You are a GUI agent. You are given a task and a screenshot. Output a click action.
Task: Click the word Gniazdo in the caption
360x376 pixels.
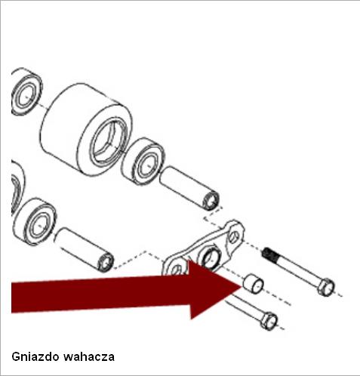[x=35, y=356]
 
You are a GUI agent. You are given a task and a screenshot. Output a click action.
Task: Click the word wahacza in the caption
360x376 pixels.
[x=89, y=357]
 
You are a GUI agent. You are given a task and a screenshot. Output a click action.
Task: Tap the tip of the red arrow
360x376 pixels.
[x=242, y=287]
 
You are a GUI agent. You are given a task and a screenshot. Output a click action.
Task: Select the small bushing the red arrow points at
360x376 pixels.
[x=253, y=283]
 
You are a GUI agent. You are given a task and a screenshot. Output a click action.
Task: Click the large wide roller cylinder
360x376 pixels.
[x=85, y=131]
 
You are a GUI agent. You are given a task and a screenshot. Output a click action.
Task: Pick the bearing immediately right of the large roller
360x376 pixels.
[x=143, y=161]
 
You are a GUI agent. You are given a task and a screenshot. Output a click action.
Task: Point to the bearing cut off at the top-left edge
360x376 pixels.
[x=26, y=92]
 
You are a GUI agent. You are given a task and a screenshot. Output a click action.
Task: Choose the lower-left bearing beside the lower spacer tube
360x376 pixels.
[x=35, y=222]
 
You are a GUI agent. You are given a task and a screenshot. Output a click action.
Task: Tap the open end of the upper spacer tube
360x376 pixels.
[x=211, y=201]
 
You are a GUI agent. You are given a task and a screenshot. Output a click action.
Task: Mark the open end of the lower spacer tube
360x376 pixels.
[x=106, y=262]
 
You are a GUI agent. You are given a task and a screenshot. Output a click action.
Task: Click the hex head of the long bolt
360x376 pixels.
[x=326, y=287]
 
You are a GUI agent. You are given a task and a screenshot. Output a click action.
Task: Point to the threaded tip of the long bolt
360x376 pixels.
[x=269, y=254]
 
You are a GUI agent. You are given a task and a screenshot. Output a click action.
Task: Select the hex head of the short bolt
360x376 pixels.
[x=269, y=320]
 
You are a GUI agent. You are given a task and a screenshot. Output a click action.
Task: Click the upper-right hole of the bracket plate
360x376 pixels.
[x=234, y=237]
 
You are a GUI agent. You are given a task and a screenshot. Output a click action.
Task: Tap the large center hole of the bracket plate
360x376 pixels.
[x=211, y=258]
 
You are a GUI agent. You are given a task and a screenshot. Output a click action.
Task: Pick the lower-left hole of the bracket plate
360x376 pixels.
[x=176, y=270]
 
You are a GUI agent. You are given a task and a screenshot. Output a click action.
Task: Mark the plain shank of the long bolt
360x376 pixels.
[x=297, y=270]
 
